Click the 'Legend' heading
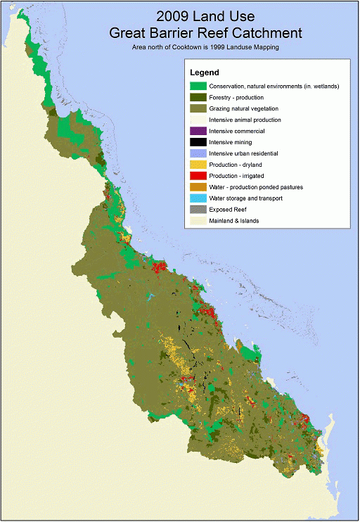[205, 72]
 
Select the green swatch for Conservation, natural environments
[198, 86]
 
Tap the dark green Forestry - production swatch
[198, 97]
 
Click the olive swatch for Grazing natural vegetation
[198, 108]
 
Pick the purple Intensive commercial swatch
[198, 131]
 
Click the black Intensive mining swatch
[198, 142]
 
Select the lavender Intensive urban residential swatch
[198, 153]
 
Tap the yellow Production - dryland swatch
[198, 165]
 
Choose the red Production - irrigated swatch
[198, 176]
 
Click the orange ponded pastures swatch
[198, 187]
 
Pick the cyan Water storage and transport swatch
[198, 198]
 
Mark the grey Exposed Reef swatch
[198, 210]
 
